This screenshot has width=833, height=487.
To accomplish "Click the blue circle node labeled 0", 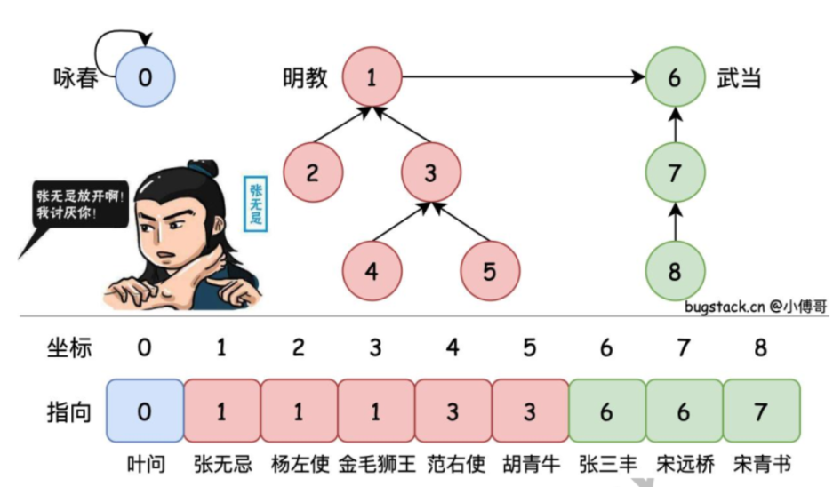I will [145, 77].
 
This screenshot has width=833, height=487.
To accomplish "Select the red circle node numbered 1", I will [372, 77].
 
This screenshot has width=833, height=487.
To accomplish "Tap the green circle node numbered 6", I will [675, 77].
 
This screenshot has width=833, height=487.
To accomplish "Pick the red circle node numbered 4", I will [372, 270].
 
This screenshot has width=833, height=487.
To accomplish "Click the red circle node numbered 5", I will [489, 270].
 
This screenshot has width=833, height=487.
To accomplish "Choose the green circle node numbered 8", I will [675, 270].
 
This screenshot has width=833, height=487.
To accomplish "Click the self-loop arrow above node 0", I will [120, 40].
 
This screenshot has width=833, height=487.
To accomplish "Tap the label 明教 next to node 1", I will [305, 78].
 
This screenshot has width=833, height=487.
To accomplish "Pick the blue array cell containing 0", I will [145, 411].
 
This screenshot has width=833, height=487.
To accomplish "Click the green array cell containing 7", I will [761, 411].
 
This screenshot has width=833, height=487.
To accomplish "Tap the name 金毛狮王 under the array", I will [376, 465].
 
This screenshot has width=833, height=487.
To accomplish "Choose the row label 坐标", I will [69, 347].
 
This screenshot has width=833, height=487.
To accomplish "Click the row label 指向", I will [69, 412].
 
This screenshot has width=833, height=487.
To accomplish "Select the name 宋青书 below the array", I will [762, 465].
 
